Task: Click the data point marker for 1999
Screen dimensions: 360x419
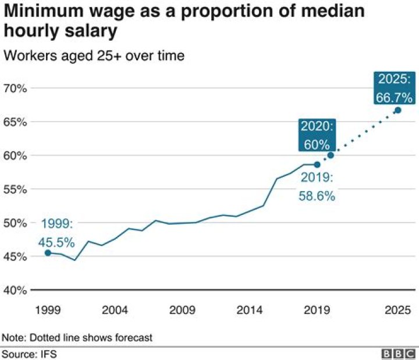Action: click(x=48, y=253)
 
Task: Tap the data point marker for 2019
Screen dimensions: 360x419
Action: click(x=317, y=164)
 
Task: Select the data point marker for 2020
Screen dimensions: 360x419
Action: click(x=331, y=155)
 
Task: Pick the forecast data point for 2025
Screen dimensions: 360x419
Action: click(x=398, y=110)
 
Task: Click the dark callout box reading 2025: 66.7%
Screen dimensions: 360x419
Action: click(x=394, y=88)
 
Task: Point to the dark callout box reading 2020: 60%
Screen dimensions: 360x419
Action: click(x=317, y=135)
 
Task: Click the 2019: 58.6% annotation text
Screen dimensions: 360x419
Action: click(x=317, y=188)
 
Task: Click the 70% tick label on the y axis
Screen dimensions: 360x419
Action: click(x=16, y=89)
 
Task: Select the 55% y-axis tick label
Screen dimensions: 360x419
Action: click(x=16, y=189)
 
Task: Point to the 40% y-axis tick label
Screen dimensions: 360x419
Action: click(x=16, y=290)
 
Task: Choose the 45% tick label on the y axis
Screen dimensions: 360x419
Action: click(x=16, y=256)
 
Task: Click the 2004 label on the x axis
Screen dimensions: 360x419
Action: click(x=115, y=310)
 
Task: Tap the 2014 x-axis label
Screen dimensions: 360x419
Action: click(x=249, y=310)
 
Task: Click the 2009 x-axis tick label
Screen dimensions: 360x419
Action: click(x=182, y=310)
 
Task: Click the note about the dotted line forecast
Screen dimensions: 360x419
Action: click(x=77, y=337)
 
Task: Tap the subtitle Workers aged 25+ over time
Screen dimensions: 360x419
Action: click(x=94, y=56)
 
